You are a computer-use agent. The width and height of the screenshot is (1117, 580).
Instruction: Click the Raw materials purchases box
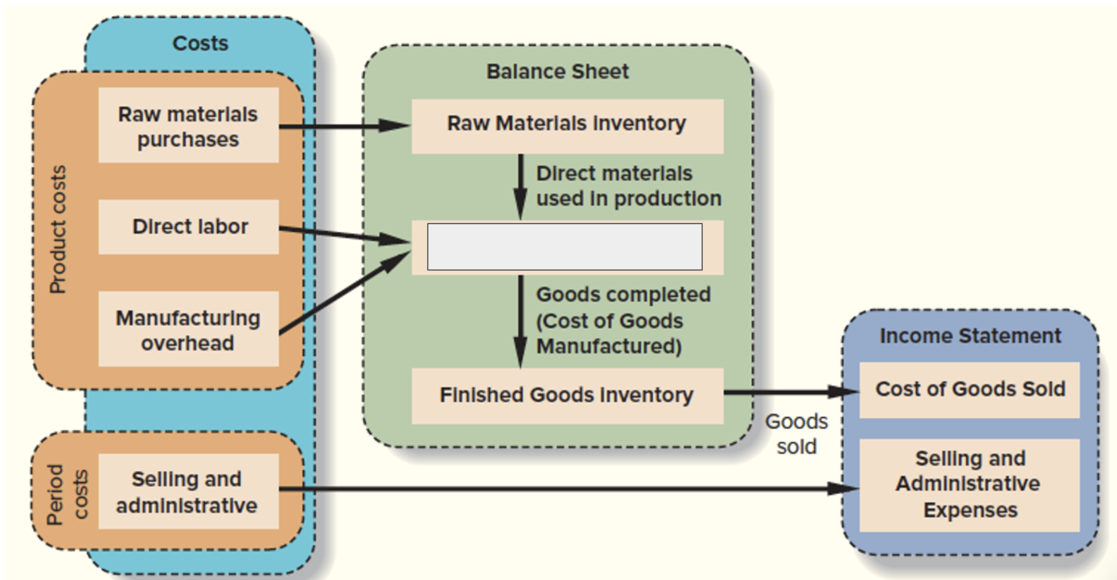[188, 126]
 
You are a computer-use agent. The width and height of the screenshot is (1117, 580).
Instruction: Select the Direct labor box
[189, 227]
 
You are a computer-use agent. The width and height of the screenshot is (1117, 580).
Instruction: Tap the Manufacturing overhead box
[188, 329]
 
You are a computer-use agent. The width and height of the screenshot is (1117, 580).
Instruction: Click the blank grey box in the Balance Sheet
[564, 247]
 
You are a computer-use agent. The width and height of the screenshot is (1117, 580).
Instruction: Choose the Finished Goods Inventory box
[567, 395]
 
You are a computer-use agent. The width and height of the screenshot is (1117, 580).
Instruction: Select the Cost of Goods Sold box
[970, 389]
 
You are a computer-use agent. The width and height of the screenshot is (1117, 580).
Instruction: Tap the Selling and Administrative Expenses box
[970, 484]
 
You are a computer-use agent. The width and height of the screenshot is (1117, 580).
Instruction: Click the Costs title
[200, 43]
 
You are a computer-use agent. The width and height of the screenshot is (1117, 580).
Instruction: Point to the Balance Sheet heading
[557, 71]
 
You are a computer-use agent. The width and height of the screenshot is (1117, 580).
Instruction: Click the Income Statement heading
[970, 336]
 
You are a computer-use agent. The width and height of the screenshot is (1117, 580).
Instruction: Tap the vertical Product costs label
[58, 230]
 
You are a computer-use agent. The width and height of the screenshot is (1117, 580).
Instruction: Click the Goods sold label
[796, 434]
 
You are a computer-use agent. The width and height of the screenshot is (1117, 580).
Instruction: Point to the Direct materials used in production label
[628, 186]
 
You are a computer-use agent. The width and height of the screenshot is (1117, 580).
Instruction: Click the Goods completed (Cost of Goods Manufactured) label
[623, 320]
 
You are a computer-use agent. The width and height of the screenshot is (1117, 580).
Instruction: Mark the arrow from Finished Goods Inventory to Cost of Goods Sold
[791, 392]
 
